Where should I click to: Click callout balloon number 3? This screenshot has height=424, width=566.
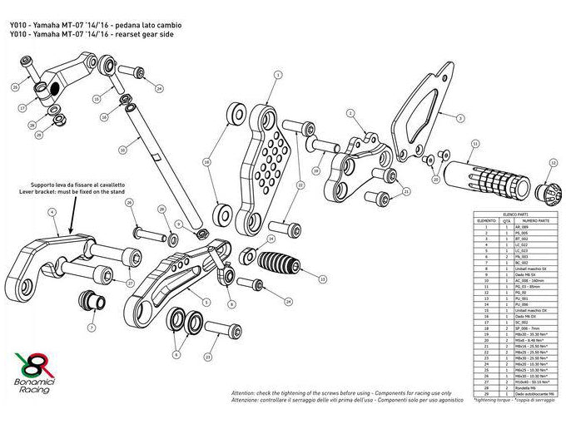point(459,119)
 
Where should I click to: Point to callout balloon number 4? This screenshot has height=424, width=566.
point(52,214)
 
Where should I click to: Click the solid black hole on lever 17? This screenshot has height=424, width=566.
point(51,88)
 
